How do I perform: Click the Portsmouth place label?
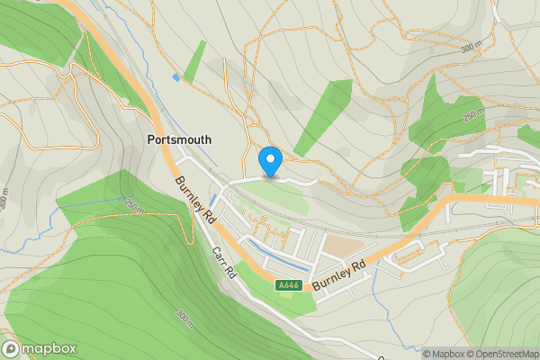point(179,140)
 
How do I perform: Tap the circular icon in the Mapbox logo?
point(11,348)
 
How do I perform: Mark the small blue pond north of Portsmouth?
point(176,78)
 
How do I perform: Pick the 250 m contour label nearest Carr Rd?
point(135,207)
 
